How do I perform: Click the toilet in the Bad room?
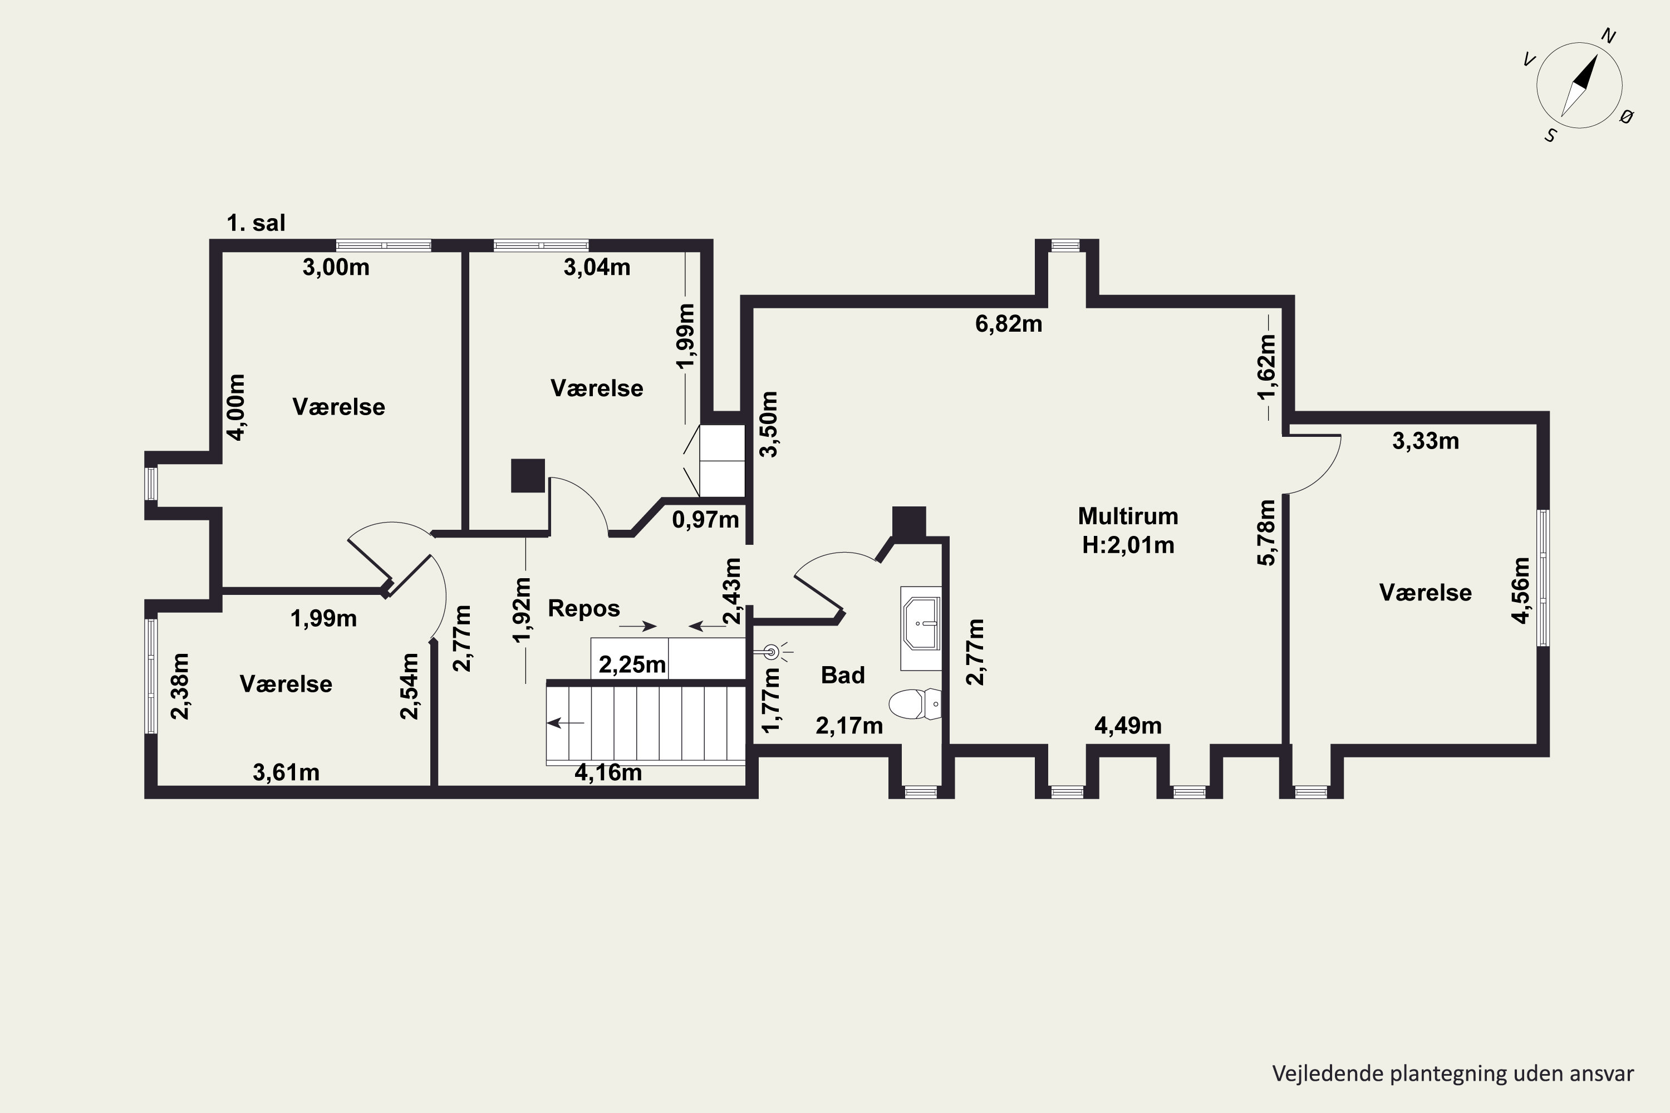click(915, 704)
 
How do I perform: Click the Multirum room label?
click(1128, 516)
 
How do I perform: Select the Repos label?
click(583, 608)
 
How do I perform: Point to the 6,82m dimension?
click(1009, 324)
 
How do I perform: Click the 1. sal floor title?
click(256, 223)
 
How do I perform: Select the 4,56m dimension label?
click(1521, 590)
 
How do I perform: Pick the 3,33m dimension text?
click(1426, 441)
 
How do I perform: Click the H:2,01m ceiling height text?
click(1128, 545)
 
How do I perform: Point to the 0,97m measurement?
click(706, 520)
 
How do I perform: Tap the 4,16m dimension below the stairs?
click(608, 772)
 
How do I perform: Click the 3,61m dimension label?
click(286, 772)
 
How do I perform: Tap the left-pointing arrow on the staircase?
click(565, 722)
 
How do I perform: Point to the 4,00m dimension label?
click(237, 407)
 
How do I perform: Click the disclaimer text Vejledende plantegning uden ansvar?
click(1453, 1074)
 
